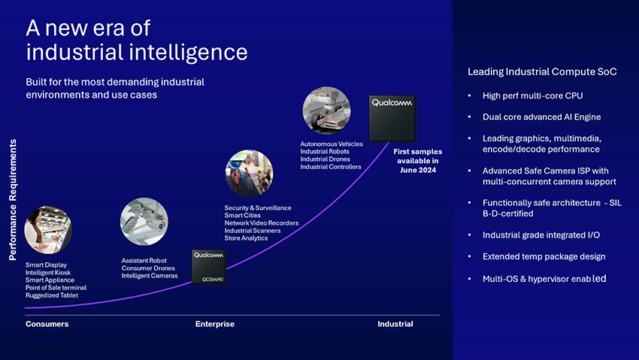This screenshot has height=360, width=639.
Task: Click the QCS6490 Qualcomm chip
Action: coord(208,267)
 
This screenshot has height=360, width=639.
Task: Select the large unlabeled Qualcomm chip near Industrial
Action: coord(392,118)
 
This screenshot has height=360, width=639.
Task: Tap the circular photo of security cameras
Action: coord(144,222)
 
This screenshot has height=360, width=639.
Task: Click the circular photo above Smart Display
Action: coord(48,230)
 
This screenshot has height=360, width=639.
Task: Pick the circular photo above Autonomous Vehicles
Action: coord(326,110)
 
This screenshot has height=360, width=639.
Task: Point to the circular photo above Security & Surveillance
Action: coord(249,174)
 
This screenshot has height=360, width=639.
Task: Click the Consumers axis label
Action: coord(47,324)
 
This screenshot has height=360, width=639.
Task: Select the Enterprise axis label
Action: coord(215,324)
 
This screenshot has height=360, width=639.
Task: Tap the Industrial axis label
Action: coord(395,324)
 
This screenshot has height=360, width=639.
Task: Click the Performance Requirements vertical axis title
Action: coord(13,200)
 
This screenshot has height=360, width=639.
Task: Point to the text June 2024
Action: coord(418,170)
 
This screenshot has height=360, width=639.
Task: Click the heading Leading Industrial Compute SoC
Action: coord(542,72)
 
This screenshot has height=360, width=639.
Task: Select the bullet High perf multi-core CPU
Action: coord(533,95)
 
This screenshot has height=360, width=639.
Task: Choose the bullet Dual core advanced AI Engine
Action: coord(541,117)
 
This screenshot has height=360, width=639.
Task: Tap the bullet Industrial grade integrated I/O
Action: coord(541,235)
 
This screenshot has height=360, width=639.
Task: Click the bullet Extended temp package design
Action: coord(544,256)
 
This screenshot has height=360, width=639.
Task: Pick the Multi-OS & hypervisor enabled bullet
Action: coord(544,279)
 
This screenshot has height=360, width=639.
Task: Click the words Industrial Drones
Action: coord(326,159)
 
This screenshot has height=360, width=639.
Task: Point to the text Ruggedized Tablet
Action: coord(52,295)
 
